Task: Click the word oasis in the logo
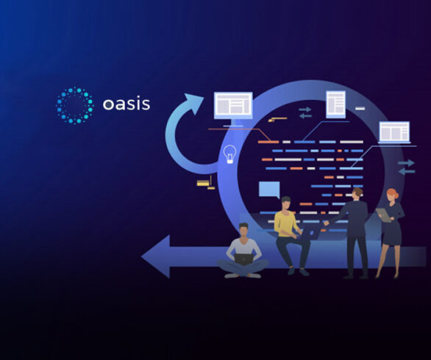(x=127, y=104)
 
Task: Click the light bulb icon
(x=229, y=154)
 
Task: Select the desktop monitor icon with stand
(x=233, y=109)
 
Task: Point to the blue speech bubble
(x=269, y=190)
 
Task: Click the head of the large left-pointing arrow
(x=156, y=256)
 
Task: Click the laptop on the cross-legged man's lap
(x=243, y=259)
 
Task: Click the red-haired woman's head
(x=391, y=195)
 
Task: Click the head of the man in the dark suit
(x=357, y=194)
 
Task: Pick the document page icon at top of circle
(x=335, y=104)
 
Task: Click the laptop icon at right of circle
(x=394, y=132)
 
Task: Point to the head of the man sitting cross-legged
(x=243, y=230)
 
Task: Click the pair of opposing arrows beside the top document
(x=305, y=112)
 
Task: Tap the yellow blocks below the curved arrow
(x=206, y=183)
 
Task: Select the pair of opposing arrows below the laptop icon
(x=406, y=167)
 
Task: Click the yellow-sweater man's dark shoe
(x=304, y=272)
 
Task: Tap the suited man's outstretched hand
(x=327, y=223)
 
